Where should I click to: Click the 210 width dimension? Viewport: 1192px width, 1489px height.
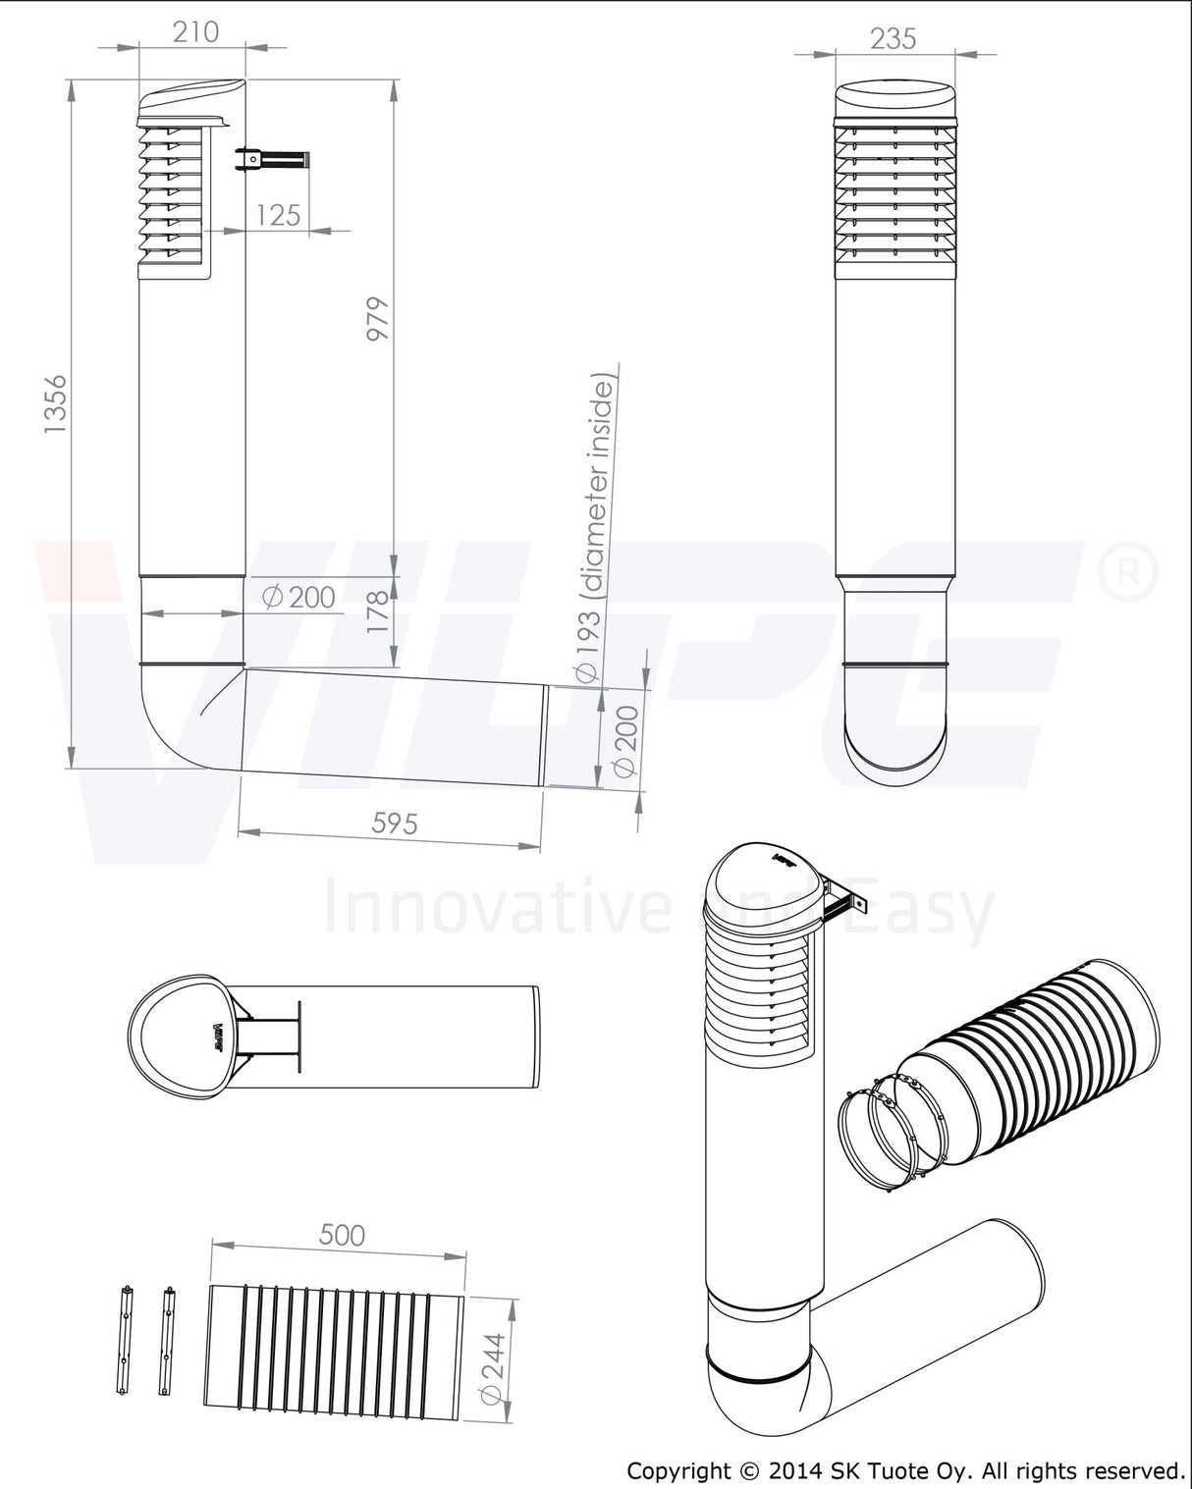click(x=195, y=31)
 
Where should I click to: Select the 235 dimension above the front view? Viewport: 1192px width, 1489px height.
click(x=893, y=38)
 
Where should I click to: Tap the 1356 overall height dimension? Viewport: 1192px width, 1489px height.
click(x=55, y=404)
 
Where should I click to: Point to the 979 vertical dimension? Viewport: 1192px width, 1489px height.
click(x=378, y=318)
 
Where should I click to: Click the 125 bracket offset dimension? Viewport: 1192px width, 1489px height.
click(x=278, y=216)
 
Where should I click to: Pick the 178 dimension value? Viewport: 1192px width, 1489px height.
click(x=378, y=611)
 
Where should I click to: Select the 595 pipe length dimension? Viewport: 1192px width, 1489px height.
click(x=395, y=824)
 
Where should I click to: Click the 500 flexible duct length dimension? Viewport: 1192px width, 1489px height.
click(x=342, y=1235)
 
